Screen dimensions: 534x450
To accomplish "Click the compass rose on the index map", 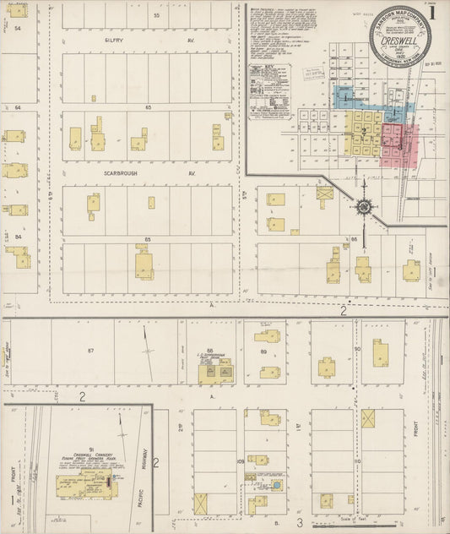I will coord(363,205).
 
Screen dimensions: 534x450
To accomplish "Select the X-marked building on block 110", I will coord(368,417).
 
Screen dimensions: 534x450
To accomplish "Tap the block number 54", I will coord(18,28).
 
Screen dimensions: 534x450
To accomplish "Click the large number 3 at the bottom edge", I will coord(299,523).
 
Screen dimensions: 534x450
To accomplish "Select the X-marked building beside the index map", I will coord(324,193).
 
